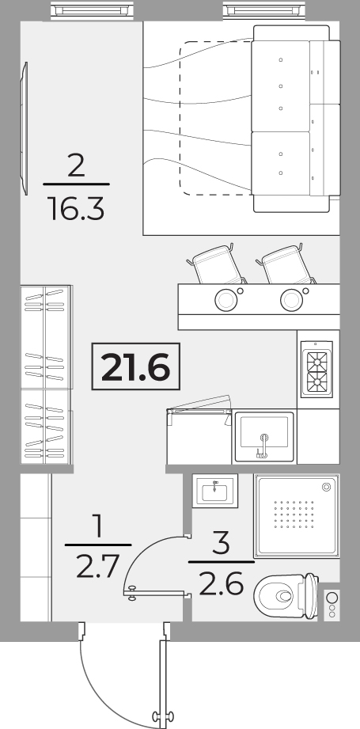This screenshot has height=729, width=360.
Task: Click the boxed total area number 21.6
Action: tap(135, 366)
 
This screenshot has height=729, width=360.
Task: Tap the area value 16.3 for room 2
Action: tap(76, 209)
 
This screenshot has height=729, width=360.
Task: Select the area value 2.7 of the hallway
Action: tap(98, 566)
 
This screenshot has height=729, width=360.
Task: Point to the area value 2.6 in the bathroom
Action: tap(221, 584)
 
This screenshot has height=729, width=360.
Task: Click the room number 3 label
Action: tap(221, 543)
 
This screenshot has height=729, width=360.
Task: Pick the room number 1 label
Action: tap(98, 526)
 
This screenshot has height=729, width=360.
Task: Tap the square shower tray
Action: tap(297, 515)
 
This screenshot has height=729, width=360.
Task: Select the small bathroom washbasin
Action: tap(215, 491)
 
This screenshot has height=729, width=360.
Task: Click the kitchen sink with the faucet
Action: tap(264, 436)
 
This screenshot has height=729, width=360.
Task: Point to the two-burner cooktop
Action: tap(316, 370)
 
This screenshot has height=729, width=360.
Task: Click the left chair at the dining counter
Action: tap(217, 265)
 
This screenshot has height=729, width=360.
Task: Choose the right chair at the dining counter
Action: tap(286, 265)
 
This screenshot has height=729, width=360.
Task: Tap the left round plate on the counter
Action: tap(226, 300)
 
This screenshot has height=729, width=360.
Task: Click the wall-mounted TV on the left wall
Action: tap(25, 128)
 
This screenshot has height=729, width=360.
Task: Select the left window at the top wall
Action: tap(92, 9)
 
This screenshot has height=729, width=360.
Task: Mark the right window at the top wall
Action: tap(264, 9)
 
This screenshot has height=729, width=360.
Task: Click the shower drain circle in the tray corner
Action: tap(327, 487)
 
